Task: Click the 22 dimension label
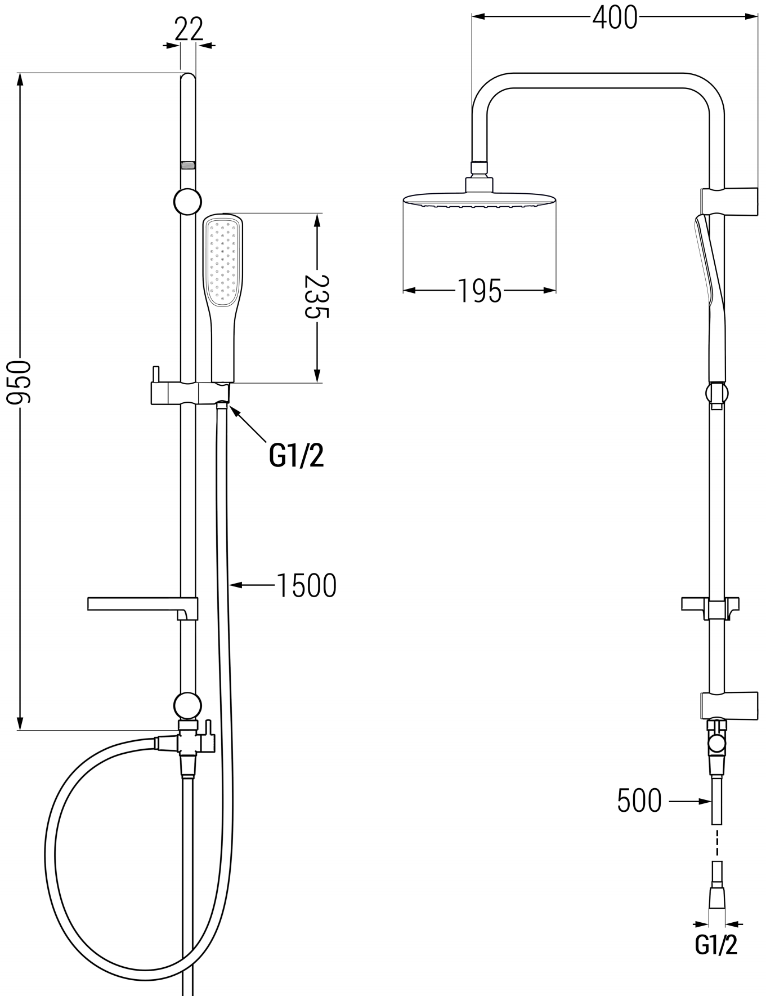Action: pos(189,29)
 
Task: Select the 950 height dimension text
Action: pos(19,383)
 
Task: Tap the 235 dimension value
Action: pos(316,296)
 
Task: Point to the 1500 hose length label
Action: pos(307,585)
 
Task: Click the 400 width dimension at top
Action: pos(615,17)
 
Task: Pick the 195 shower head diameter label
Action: pos(479,291)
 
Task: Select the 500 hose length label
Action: pos(639,801)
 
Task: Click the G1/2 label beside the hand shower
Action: pos(297,455)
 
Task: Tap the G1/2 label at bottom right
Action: pos(716,945)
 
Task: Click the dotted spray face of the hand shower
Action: pos(223,261)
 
